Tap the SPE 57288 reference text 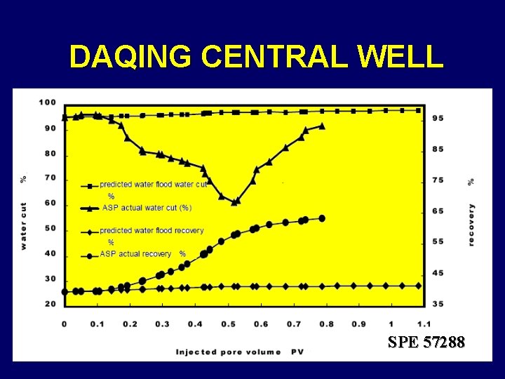point(426,342)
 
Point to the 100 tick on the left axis point(47,102)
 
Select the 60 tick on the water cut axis point(49,204)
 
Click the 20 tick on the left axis point(49,304)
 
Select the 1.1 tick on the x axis point(423,324)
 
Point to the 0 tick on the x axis point(65,324)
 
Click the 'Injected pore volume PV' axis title point(239,351)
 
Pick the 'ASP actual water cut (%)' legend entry point(146,208)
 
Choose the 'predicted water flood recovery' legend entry point(151,230)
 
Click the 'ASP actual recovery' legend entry point(135,254)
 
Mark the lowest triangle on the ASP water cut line point(236,201)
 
